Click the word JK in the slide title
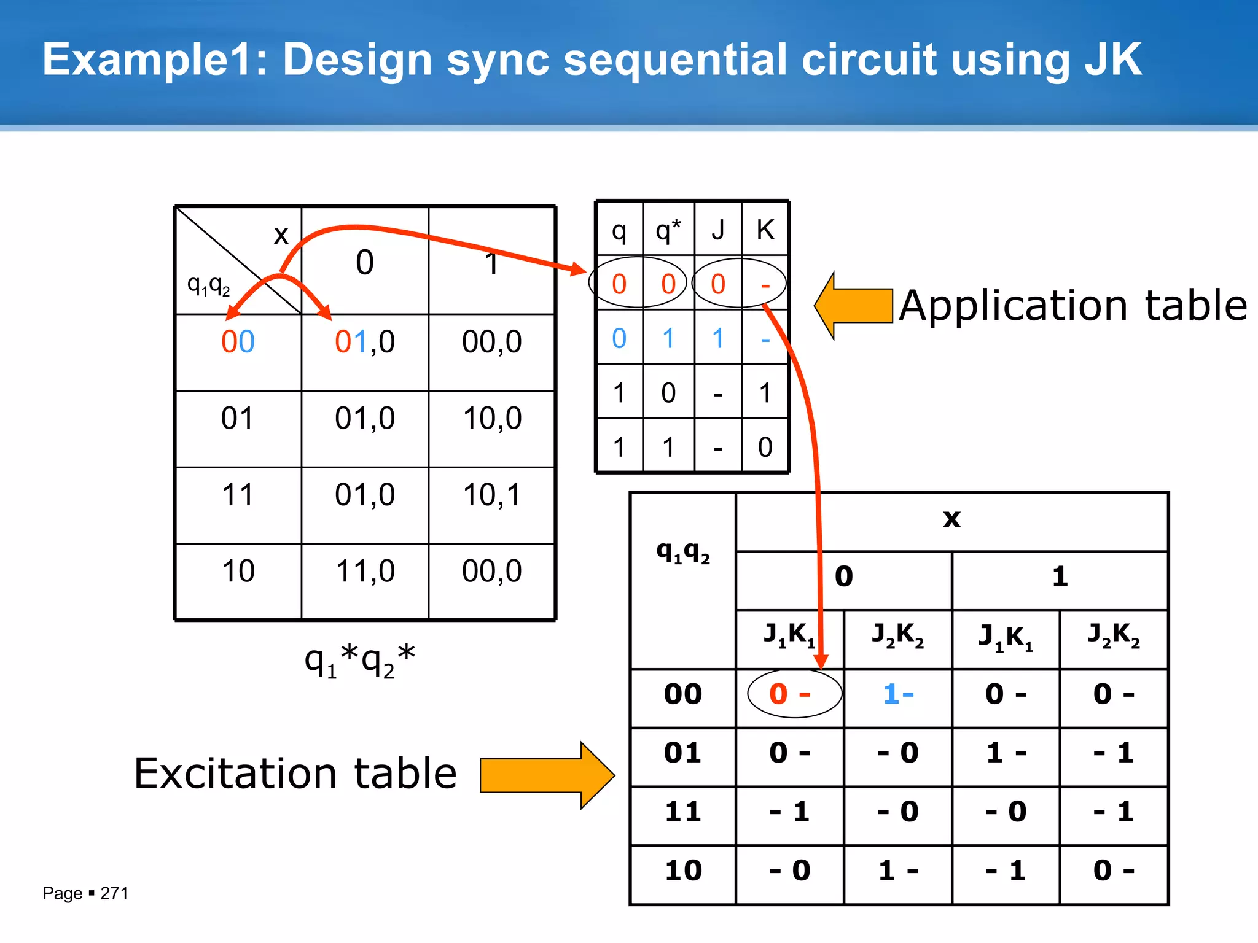(1112, 60)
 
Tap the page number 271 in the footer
(114, 893)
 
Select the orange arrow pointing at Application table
(853, 306)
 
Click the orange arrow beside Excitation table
(547, 775)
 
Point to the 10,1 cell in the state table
(491, 495)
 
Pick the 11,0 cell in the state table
(365, 571)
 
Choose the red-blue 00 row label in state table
(238, 342)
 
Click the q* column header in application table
(668, 230)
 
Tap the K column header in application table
(765, 230)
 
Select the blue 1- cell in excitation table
(898, 694)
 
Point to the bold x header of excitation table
(951, 519)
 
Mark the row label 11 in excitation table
(683, 812)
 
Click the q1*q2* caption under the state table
(360, 661)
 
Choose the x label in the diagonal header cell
(281, 235)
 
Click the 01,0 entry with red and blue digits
(365, 342)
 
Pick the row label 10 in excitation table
(683, 871)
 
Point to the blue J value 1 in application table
(717, 338)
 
